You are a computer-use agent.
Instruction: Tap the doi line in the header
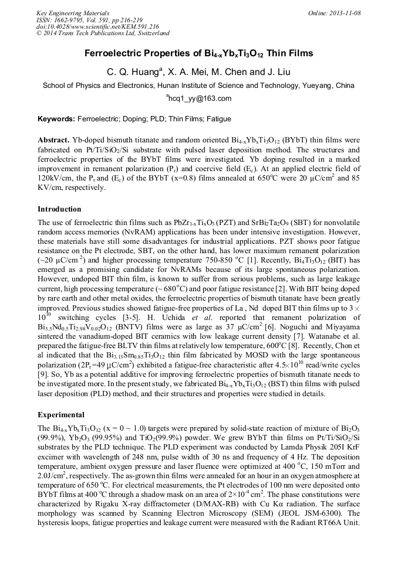click(x=97, y=26)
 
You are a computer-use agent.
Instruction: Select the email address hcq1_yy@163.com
click(x=200, y=98)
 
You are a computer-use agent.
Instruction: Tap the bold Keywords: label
click(x=56, y=119)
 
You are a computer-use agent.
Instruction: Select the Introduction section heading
click(x=59, y=209)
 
